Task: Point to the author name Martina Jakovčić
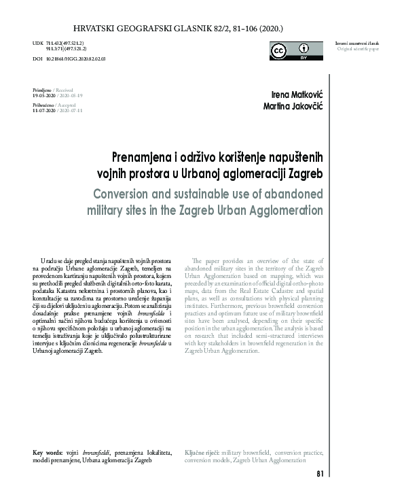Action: [x=293, y=108]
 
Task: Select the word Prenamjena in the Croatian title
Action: [x=140, y=156]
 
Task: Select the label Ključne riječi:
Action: [x=202, y=452]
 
